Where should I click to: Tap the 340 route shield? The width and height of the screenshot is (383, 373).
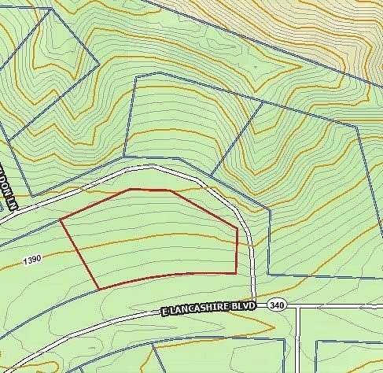coord(277,304)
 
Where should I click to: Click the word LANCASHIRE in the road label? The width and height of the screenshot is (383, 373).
coord(198,310)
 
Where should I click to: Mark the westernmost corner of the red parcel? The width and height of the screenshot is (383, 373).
coord(61,220)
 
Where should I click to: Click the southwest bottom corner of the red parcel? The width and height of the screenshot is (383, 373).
coord(99,289)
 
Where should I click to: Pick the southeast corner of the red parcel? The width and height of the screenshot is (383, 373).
coord(236,272)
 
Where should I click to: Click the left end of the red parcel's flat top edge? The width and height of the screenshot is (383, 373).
coord(130,189)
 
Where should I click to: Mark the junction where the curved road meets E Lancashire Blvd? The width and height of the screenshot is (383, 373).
coord(254,303)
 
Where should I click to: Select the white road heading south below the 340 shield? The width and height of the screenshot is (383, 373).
coord(299,338)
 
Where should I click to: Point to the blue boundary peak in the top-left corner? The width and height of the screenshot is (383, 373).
coord(50,9)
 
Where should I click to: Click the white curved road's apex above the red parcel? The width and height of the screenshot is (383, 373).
coord(153,168)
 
